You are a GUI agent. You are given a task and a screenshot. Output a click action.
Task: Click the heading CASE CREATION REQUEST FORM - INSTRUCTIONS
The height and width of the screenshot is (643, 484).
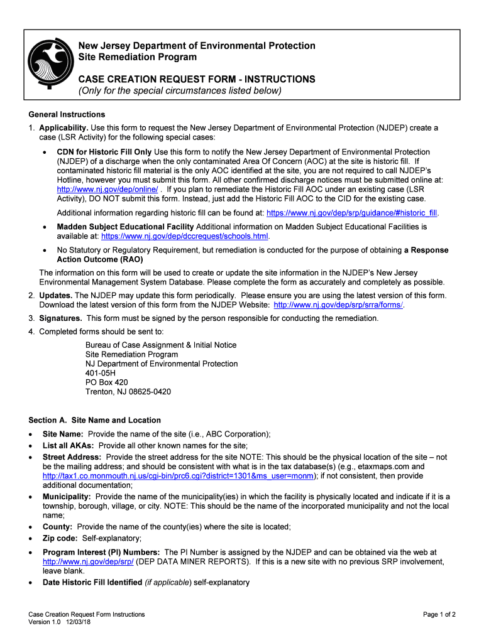point(196,79)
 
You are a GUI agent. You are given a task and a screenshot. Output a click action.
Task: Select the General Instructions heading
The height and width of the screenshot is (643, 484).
point(67,114)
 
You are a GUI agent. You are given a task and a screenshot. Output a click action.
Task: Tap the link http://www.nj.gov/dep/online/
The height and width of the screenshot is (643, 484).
point(107,189)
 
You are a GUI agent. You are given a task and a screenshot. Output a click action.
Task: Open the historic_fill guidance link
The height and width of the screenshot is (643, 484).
point(353,213)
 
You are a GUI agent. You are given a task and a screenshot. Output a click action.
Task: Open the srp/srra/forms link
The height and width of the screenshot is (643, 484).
point(338,305)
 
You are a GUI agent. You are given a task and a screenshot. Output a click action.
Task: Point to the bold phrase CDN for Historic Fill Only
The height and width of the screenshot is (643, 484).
point(104,152)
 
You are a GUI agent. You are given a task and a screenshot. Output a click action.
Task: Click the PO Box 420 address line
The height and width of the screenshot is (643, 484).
point(107,382)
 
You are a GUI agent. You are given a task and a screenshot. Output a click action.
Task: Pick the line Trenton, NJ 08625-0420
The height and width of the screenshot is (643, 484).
point(128,392)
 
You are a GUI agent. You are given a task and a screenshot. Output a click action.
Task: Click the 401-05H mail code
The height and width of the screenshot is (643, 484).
point(101,373)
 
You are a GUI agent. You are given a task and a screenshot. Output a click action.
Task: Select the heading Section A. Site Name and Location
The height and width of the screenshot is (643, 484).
point(95,420)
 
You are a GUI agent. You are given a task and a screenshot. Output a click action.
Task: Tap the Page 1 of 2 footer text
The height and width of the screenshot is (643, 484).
point(439,614)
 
